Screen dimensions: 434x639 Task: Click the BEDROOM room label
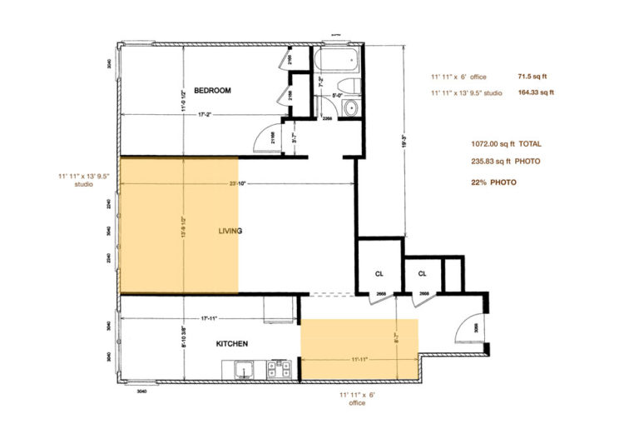(x=212, y=90)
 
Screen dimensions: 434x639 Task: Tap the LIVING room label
(x=230, y=231)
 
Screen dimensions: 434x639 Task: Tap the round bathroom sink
(x=350, y=107)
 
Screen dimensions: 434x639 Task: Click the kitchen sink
(x=244, y=367)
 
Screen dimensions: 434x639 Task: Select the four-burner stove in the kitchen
(x=275, y=367)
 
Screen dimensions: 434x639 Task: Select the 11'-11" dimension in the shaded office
(x=360, y=359)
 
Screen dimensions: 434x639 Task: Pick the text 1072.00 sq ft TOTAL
(x=505, y=143)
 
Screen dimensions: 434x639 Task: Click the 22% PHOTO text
(x=493, y=182)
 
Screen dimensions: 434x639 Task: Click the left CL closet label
(x=378, y=273)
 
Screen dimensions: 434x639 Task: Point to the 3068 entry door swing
(x=468, y=323)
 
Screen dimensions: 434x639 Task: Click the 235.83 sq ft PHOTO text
(x=505, y=162)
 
